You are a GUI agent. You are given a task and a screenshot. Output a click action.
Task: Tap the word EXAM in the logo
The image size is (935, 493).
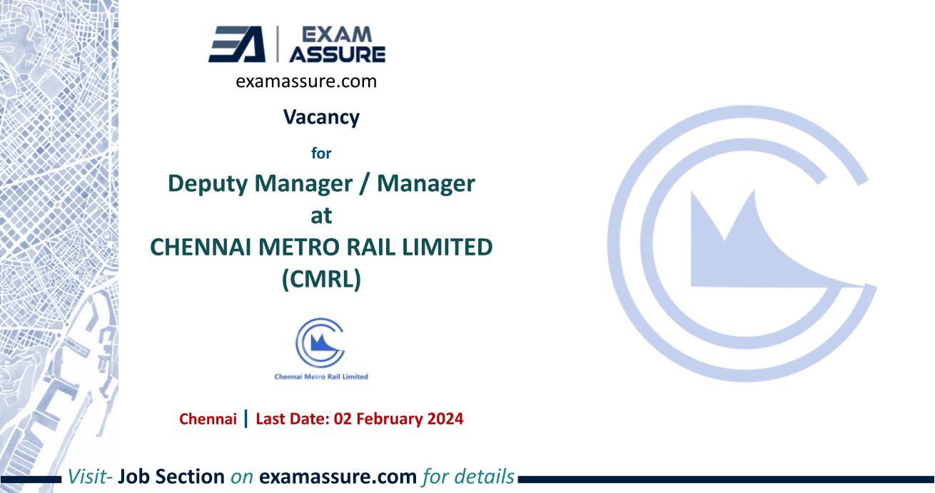[x=342, y=34]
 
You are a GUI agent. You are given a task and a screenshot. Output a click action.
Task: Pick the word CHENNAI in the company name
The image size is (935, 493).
[x=204, y=248]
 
